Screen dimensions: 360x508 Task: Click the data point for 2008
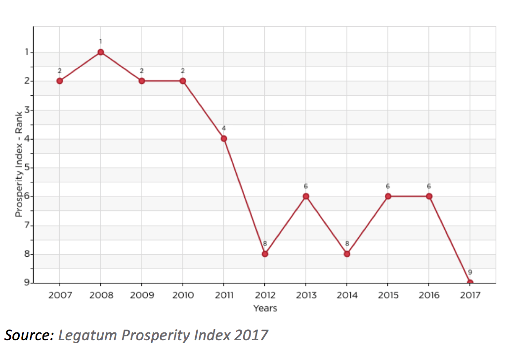coord(101,52)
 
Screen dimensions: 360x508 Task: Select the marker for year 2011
coord(224,138)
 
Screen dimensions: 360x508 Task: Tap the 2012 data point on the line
coord(265,254)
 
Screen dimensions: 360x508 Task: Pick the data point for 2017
coord(470,283)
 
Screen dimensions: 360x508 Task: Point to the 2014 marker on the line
coord(347,254)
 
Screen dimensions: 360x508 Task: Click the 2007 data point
coord(60,80)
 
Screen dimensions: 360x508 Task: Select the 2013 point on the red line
coord(306,196)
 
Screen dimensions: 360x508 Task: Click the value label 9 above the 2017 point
coord(470,272)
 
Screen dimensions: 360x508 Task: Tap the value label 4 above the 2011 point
coord(224,128)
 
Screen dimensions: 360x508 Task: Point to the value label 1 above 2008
coord(101,41)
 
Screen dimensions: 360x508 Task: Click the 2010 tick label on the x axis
coord(183,295)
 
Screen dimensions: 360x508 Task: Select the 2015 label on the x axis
coord(388,295)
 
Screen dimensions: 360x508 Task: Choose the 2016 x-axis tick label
coord(429,295)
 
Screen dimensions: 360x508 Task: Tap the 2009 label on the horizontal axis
coord(142,295)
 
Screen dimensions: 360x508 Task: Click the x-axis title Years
coord(265,308)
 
